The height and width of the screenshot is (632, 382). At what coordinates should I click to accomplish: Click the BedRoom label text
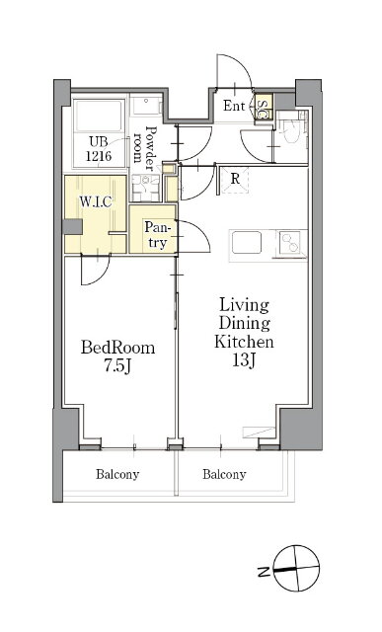click(117, 348)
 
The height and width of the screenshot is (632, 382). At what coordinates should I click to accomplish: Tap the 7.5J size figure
click(117, 366)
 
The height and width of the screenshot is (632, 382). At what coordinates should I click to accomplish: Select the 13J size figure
click(244, 359)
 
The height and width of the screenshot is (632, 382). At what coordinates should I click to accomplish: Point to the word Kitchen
click(244, 342)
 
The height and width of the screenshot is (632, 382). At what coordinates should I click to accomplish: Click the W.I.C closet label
click(96, 201)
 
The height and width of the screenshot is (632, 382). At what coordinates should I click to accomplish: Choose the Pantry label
click(156, 235)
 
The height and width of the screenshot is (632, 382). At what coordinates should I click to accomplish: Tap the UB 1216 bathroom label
click(99, 149)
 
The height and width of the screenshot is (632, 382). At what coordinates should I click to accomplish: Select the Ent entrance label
click(234, 106)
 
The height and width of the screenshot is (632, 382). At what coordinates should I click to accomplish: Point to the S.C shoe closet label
click(262, 108)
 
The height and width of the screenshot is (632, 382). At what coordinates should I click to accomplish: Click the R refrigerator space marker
click(235, 179)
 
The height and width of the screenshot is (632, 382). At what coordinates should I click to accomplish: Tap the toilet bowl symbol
click(291, 131)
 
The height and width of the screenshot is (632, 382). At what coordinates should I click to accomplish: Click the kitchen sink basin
click(246, 242)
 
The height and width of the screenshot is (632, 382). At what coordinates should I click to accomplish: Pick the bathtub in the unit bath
click(99, 116)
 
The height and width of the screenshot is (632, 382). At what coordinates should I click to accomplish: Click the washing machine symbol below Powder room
click(145, 188)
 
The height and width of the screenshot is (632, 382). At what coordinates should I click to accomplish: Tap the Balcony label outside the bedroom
click(117, 474)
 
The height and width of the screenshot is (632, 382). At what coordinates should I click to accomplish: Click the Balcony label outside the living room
click(224, 474)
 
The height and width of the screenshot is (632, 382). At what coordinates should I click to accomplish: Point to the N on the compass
click(264, 572)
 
